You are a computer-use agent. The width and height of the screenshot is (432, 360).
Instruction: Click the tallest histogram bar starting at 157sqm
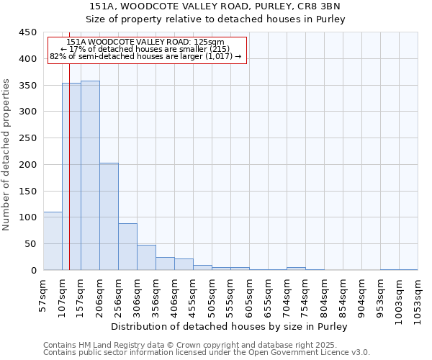90,176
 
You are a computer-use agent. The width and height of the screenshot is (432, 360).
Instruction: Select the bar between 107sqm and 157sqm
71,176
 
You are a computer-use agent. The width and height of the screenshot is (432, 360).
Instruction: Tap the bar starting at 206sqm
109,216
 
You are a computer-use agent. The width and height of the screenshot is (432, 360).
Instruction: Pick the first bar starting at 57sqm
53,241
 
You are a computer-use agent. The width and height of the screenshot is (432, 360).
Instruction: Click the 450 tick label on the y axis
27,32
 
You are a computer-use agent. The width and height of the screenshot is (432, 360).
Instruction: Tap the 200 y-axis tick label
27,165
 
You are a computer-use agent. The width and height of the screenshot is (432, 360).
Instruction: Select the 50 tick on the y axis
30,244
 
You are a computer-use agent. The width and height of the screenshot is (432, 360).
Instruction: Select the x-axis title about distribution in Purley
230,326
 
